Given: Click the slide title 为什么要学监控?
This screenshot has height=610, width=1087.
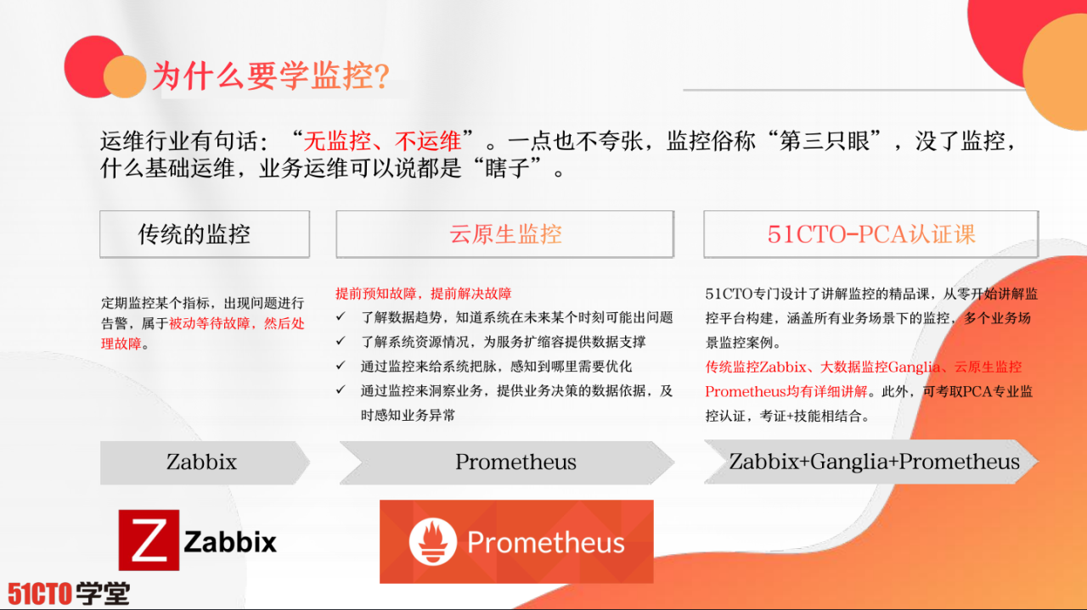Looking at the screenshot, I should pos(270,76).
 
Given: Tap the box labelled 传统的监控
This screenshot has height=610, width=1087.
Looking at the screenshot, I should pos(205,234).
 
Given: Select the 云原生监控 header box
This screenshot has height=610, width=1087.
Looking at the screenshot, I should pos(505,234).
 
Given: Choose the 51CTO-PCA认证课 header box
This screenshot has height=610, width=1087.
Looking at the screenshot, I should pos(870,234).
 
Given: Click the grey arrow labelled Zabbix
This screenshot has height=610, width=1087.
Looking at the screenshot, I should pos(202,462).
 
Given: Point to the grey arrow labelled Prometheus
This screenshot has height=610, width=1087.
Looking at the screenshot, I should pos(515,462).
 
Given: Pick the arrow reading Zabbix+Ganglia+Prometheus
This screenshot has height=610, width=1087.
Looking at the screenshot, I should pos(874,462).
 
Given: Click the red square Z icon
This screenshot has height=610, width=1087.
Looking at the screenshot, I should pos(149,540).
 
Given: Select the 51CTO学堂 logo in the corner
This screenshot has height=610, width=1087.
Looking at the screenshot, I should pos(69,592).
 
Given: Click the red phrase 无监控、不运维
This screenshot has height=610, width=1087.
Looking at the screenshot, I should pos(382,141).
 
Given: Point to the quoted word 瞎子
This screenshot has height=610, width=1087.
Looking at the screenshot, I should pos(520,168).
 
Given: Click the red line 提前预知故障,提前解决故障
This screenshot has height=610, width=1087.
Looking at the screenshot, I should pos(423,294).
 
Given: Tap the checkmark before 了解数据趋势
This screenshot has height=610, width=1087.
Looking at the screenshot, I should pos(341,317).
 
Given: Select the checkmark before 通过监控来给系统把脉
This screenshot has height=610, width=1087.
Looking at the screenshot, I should pos(341,367).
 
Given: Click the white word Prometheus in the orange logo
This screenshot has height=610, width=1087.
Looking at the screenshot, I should pos(545,543).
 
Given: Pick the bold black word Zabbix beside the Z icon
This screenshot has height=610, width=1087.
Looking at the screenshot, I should pos(230,541).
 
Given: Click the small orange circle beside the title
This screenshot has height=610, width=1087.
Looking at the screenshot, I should pos(125,76).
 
